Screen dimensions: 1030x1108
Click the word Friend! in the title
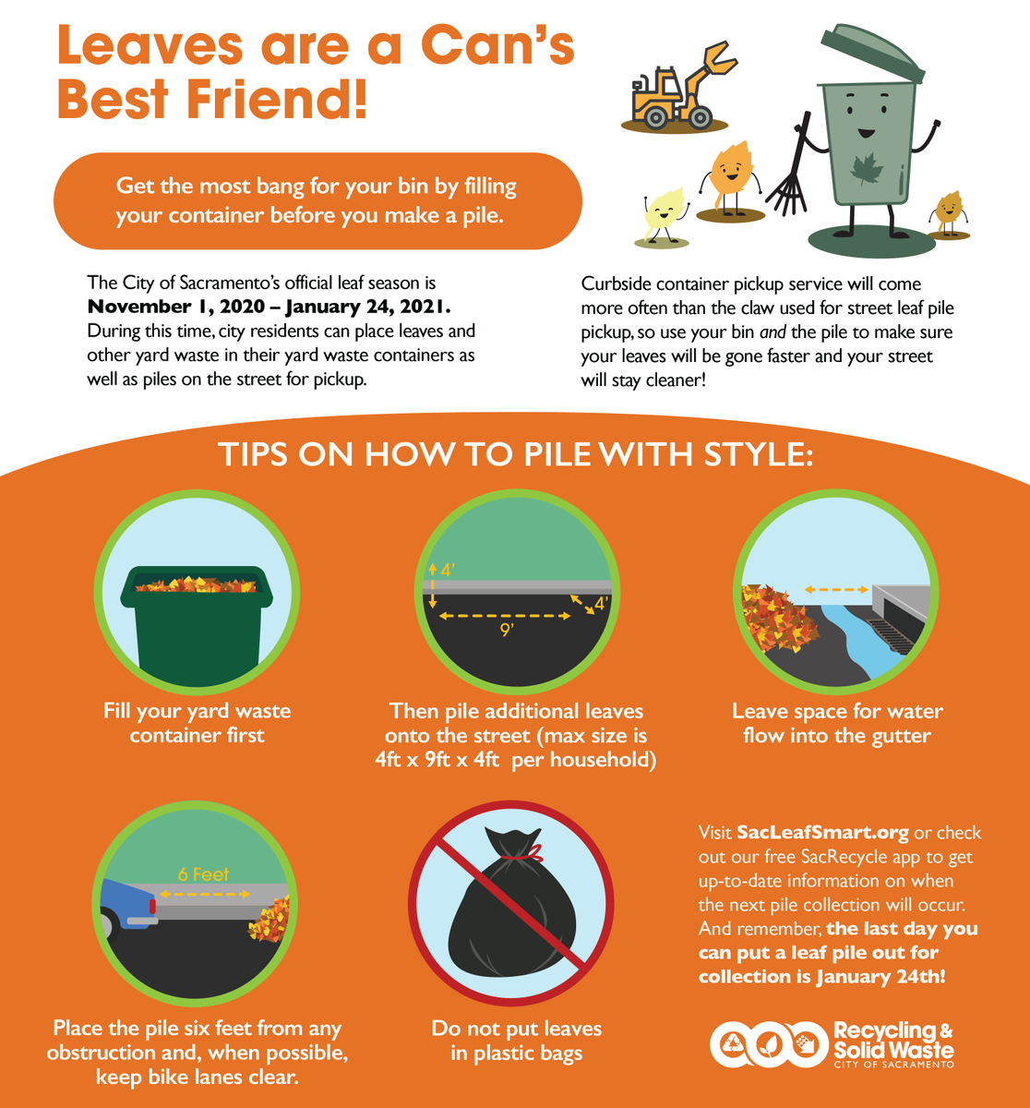(x=276, y=100)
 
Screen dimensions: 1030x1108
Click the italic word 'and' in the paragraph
(x=772, y=332)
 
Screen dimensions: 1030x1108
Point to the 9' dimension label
(x=507, y=630)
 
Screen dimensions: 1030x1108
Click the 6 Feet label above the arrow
(x=203, y=874)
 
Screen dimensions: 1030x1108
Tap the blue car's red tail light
(x=152, y=906)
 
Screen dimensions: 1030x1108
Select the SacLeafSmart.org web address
(x=822, y=833)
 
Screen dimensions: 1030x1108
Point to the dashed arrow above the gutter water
(x=836, y=590)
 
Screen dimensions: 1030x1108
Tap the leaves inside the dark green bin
(x=197, y=584)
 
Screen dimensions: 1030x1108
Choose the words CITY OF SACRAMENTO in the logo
(x=893, y=1065)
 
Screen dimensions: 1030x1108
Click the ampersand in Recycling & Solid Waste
(x=946, y=1030)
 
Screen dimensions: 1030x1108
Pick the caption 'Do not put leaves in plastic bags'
(x=517, y=1041)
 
